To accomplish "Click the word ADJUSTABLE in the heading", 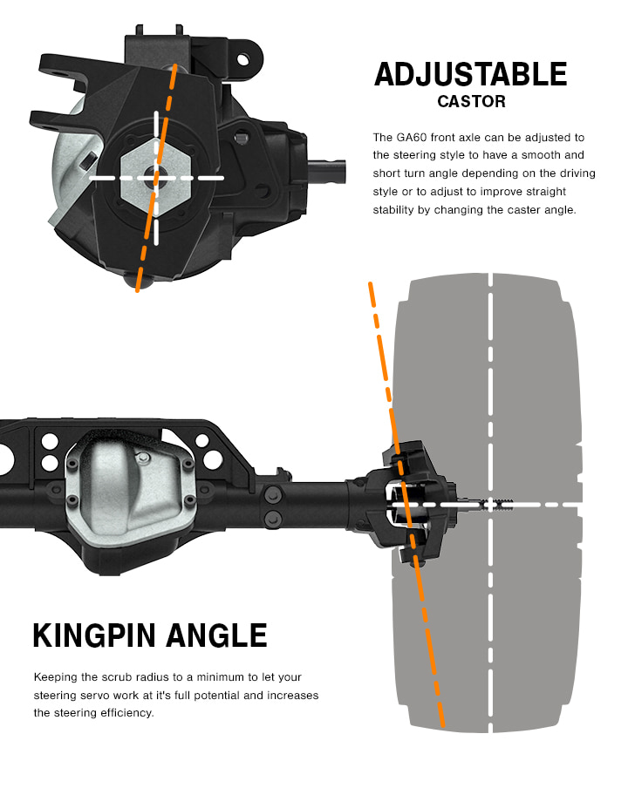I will (x=470, y=74).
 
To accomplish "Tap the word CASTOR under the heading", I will (x=471, y=102).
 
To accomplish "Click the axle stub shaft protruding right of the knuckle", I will (x=330, y=163).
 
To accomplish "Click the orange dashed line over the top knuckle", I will (x=171, y=96).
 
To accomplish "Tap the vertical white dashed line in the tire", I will (x=492, y=366).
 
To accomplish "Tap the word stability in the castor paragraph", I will (x=396, y=209).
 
